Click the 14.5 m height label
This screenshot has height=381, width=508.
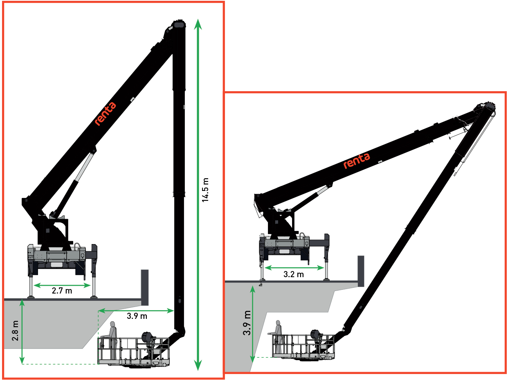205,190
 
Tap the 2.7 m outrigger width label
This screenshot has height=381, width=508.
62,291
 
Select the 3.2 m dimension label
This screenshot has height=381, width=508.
293,274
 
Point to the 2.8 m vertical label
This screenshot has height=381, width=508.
15,331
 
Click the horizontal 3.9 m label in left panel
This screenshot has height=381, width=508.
137,316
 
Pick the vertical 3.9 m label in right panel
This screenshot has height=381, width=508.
247,323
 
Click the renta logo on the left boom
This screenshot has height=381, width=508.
105,114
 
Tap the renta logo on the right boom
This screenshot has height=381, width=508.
357,161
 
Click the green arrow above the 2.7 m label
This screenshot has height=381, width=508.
62,285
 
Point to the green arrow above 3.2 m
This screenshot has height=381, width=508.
294,268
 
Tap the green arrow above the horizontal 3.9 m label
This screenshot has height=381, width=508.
136,311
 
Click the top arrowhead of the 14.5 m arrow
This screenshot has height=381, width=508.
198,24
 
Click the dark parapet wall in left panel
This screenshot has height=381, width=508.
145,287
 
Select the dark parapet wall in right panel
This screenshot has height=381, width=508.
361,271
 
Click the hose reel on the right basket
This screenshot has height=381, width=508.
315,335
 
